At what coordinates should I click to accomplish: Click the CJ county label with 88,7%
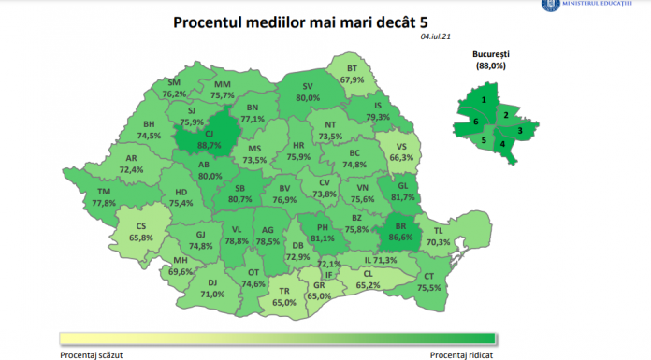[209, 139]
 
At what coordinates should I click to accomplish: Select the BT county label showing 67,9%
[353, 75]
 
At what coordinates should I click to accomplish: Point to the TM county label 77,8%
[104, 197]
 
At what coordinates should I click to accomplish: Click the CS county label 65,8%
[140, 232]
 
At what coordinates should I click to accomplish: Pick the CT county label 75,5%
[429, 283]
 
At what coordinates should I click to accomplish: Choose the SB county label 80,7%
[240, 193]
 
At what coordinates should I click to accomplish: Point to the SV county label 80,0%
[308, 92]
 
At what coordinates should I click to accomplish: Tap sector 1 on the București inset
[484, 99]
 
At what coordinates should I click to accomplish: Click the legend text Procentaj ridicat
[461, 354]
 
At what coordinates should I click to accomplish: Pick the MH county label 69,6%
[182, 266]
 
